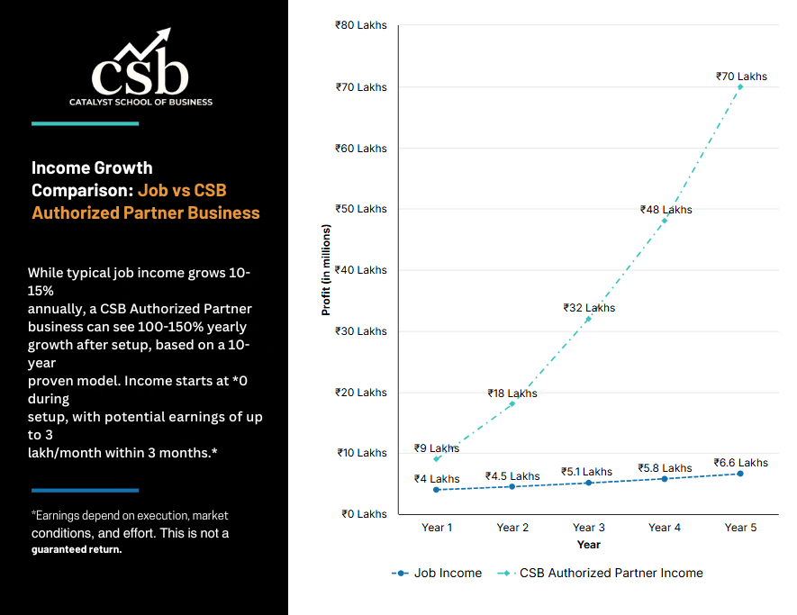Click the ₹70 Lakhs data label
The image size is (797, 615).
741,77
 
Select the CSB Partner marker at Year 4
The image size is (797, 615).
665,220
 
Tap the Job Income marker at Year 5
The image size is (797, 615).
740,474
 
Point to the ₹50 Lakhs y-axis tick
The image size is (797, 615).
360,209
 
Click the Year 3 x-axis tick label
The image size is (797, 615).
588,527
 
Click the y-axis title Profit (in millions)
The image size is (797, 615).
327,270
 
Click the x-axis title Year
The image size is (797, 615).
588,545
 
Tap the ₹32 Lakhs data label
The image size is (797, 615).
589,307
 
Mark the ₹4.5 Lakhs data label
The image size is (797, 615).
512,475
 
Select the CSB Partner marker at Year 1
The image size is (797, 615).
437,459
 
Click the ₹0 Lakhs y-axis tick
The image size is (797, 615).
364,514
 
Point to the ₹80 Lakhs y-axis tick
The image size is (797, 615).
360,25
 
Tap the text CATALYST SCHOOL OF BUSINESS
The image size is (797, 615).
140,102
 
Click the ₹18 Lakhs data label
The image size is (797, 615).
512,393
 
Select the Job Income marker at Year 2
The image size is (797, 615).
512,486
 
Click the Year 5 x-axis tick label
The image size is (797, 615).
740,527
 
